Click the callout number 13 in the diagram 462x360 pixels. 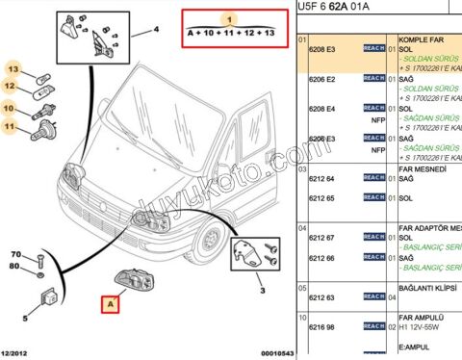[x=14, y=69]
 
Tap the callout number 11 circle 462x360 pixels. [x=11, y=125]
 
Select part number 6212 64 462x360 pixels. [x=321, y=179]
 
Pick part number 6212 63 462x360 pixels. [x=321, y=297]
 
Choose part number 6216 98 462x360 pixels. [x=321, y=327]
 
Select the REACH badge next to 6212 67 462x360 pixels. [x=373, y=238]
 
